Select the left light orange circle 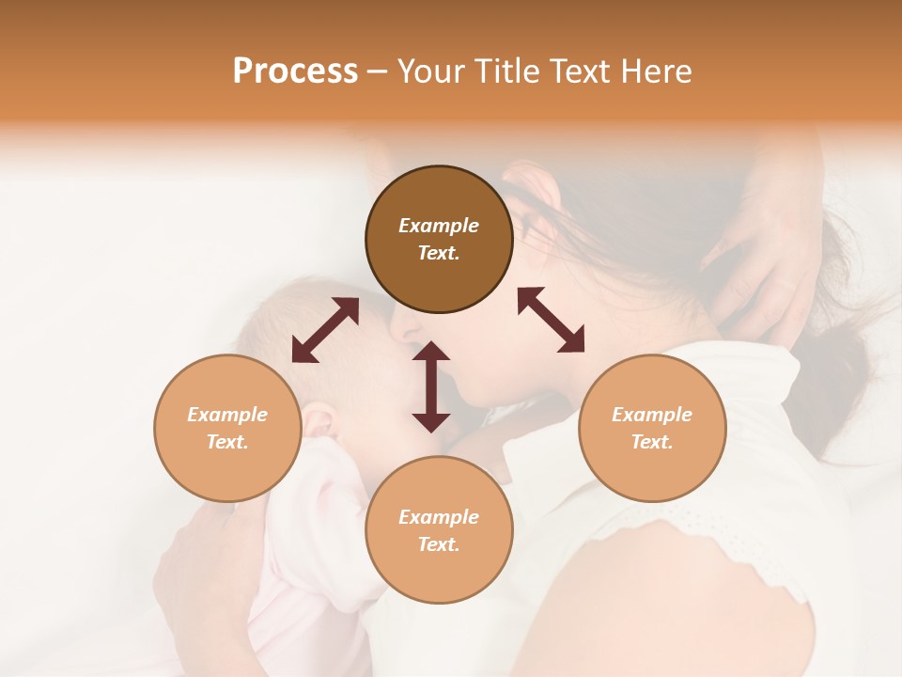227,428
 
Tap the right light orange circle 652,428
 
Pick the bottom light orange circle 439,529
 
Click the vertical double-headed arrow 431,386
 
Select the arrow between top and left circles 325,329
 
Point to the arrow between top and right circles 551,320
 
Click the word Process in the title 295,71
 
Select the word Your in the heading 433,71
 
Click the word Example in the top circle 439,226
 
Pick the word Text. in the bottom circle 439,544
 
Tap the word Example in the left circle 227,415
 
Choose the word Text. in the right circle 652,442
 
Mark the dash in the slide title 377,71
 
